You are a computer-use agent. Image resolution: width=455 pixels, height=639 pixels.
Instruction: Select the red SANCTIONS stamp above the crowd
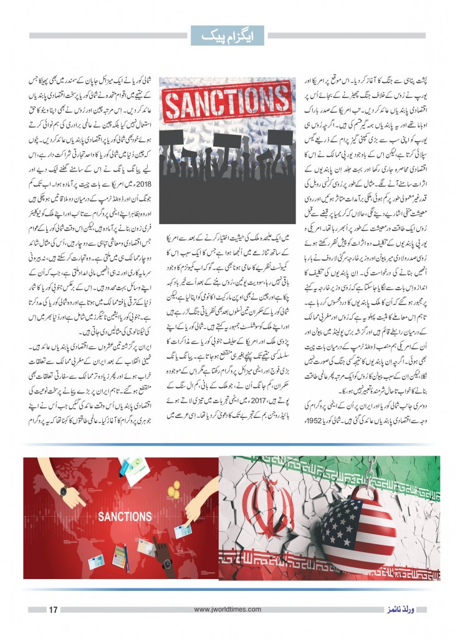point(228,101)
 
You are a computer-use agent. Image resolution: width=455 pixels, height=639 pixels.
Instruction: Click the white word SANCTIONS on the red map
point(125,517)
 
